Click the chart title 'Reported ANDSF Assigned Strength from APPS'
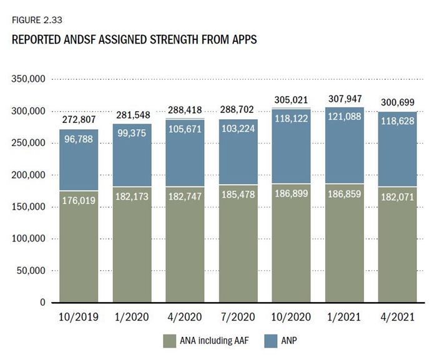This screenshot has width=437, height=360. [134, 39]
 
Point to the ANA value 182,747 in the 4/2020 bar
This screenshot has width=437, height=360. [185, 198]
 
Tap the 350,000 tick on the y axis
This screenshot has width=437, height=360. [27, 79]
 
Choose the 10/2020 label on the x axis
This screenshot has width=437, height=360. [291, 318]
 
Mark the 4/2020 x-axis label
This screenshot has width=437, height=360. [185, 318]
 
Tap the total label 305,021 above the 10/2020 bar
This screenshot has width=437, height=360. [291, 100]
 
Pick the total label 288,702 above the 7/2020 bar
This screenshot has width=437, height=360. [238, 108]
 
